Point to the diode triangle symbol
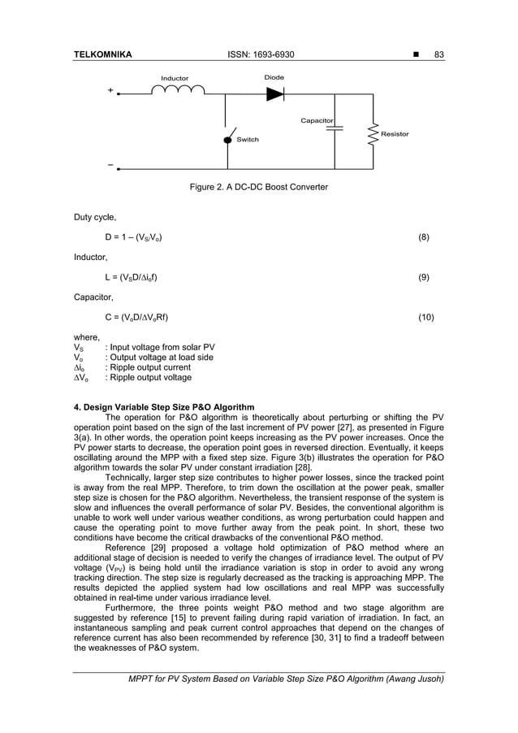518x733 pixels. click(275, 93)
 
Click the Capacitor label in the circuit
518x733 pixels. click(317, 120)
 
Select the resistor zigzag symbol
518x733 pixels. click(373, 134)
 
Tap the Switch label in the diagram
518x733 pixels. click(248, 140)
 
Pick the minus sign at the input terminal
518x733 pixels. click(110, 165)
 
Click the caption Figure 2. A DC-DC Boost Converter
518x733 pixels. click(258, 188)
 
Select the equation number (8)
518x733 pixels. click(423, 237)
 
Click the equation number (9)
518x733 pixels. click(423, 277)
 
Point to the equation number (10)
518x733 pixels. click(425, 317)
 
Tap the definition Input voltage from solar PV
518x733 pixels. click(154, 347)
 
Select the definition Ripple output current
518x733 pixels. click(142, 367)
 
